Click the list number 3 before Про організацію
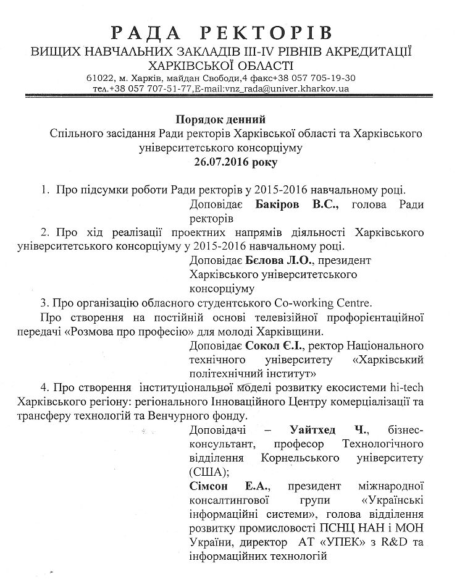pyautogui.click(x=44, y=303)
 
